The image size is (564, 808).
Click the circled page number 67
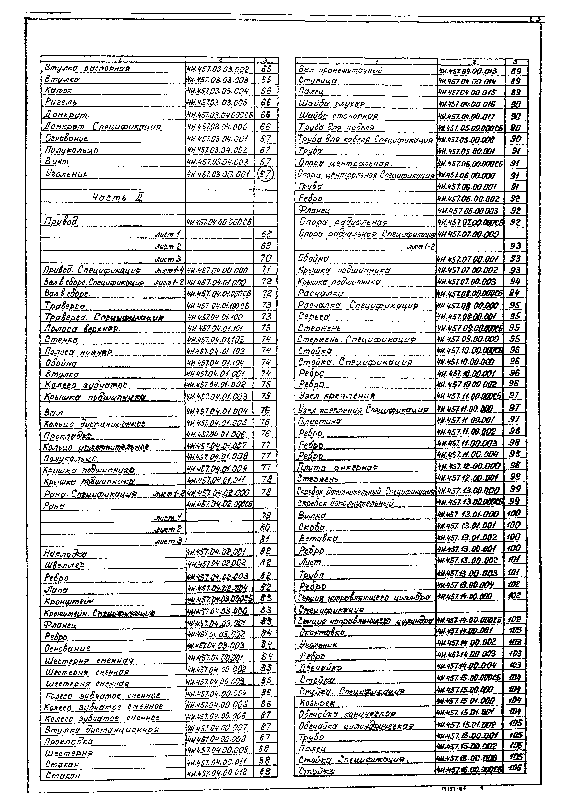(x=266, y=173)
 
